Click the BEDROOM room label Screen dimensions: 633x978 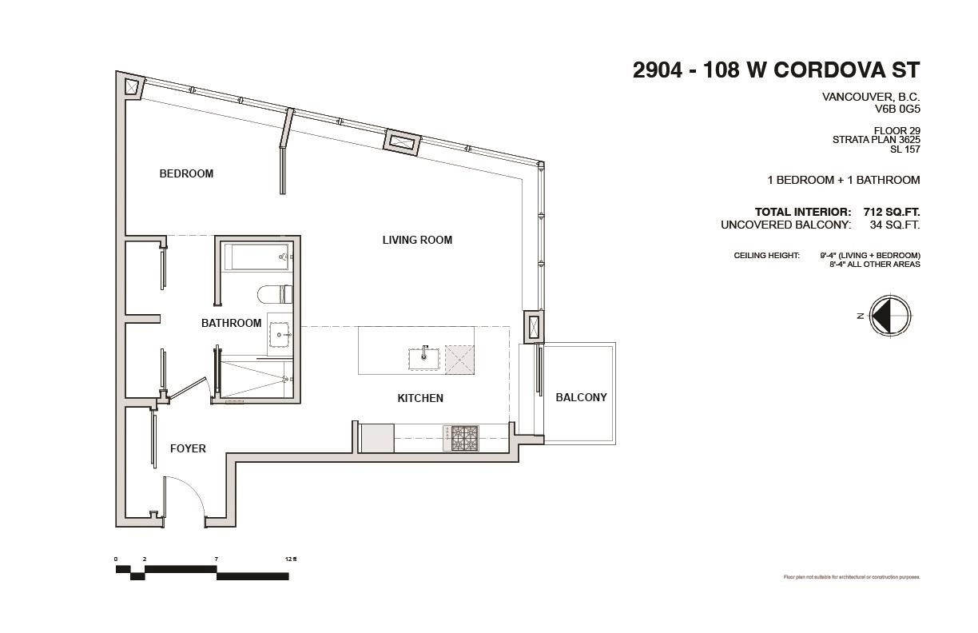pyautogui.click(x=186, y=173)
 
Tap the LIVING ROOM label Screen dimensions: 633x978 pyautogui.click(x=417, y=240)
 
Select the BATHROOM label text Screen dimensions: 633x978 pyautogui.click(x=231, y=323)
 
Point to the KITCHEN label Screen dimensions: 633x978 pyautogui.click(x=420, y=398)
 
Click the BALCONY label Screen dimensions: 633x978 pyautogui.click(x=581, y=397)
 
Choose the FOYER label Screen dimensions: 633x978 pyautogui.click(x=188, y=448)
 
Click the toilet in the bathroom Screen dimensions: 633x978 pyautogui.click(x=276, y=294)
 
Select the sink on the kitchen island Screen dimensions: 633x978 pyautogui.click(x=423, y=358)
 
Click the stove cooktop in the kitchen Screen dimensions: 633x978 pyautogui.click(x=464, y=437)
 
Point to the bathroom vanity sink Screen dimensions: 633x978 pyautogui.click(x=280, y=335)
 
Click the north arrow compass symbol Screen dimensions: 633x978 pyautogui.click(x=889, y=316)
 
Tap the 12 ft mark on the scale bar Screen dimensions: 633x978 pyautogui.click(x=290, y=559)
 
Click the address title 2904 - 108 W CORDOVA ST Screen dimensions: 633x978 pyautogui.click(x=776, y=70)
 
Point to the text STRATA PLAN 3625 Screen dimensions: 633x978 pyautogui.click(x=876, y=139)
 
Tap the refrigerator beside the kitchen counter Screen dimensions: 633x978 pyautogui.click(x=376, y=438)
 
